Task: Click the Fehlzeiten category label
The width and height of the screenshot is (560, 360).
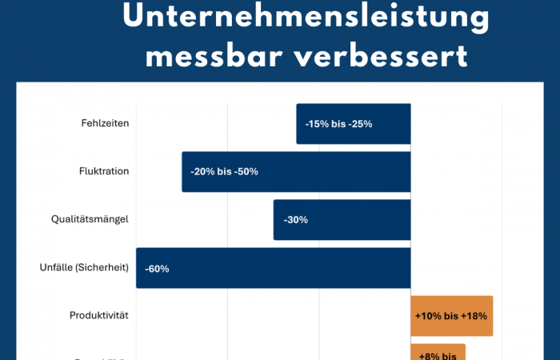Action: point(105,124)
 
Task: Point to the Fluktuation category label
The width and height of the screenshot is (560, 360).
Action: point(104,171)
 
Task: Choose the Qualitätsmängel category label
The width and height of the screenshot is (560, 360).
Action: point(90,219)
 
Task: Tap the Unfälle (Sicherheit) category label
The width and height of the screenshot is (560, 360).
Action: point(84,267)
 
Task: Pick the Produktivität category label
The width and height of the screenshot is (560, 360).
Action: point(99,315)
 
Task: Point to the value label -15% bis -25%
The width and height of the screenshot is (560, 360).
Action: point(338,124)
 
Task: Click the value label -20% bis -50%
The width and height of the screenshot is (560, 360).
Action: point(224,172)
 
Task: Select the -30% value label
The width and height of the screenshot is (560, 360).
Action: point(295,220)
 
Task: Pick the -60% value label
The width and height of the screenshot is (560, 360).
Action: point(157,269)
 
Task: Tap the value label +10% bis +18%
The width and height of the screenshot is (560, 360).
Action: point(450,316)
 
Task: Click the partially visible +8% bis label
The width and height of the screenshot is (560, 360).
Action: point(437,354)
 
